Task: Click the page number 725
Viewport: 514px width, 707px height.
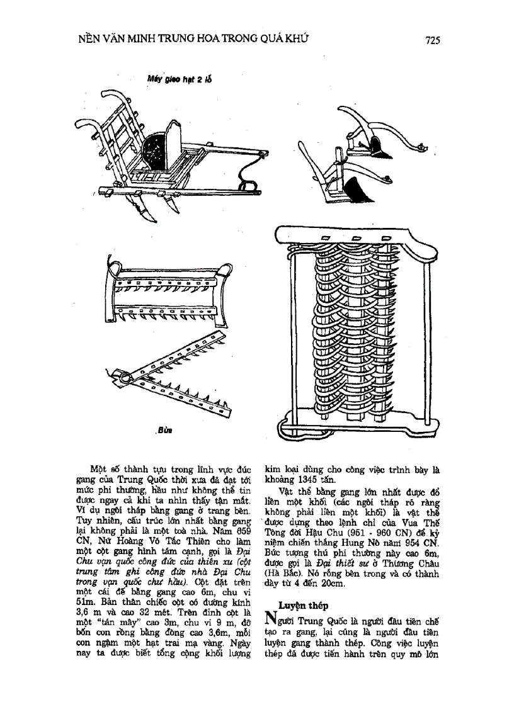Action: coord(431,40)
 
